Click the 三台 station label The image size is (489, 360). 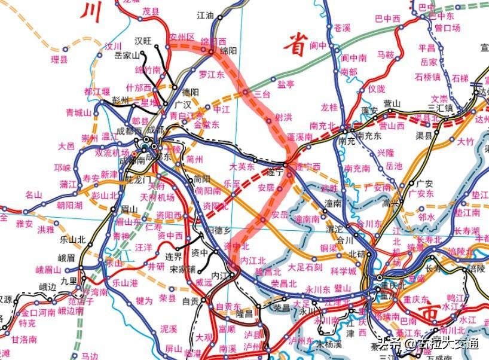[x=262, y=94]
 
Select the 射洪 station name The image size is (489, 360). [x=283, y=117]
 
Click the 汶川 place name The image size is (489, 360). [x=113, y=46]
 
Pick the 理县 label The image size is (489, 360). [x=59, y=59]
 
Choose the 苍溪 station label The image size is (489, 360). [x=343, y=28]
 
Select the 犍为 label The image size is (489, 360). [x=144, y=300]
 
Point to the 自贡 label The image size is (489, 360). [x=190, y=301]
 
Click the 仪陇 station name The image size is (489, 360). [x=377, y=89]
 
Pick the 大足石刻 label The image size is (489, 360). [x=305, y=267]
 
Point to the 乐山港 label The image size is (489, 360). [x=125, y=282]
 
